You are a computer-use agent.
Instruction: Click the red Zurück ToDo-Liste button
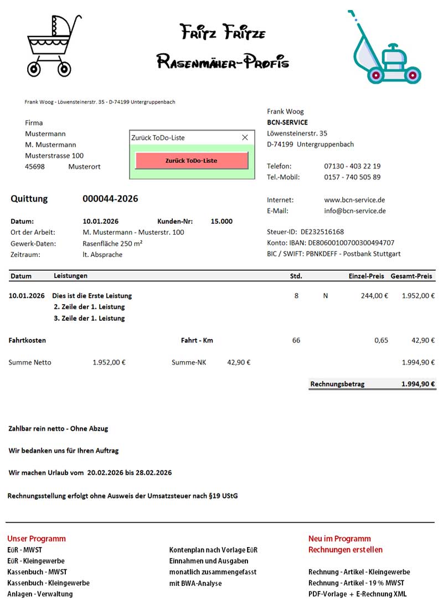coord(192,161)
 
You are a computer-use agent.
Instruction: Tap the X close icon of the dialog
coord(245,137)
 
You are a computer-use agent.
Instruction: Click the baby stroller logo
coord(54,45)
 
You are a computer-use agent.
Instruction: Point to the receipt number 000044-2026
coord(110,199)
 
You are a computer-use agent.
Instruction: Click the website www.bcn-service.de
coord(354,200)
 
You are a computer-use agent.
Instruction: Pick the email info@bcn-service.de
coord(355,211)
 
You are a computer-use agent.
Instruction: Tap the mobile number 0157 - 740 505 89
coord(352,177)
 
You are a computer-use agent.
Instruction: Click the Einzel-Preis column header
coord(366,276)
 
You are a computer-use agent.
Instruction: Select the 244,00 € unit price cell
coord(374,296)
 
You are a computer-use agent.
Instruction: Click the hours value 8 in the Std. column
coord(296,296)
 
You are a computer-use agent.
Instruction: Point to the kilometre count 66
coord(296,340)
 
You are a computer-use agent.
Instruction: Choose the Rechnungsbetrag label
coord(337,384)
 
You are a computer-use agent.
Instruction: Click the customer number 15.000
coord(221,222)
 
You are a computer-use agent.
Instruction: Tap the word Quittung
coord(29,199)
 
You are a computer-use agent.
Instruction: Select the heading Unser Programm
coord(37,538)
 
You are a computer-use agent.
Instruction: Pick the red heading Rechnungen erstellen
coord(346,550)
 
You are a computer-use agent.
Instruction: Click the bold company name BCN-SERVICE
coord(287,122)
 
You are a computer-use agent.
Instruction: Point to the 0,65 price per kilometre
coord(381,340)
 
